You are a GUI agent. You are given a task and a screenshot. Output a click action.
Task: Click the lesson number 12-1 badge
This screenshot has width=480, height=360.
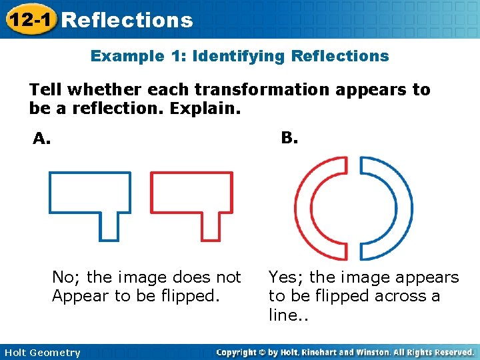point(29,20)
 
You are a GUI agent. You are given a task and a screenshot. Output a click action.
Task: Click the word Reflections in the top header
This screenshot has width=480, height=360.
point(127,20)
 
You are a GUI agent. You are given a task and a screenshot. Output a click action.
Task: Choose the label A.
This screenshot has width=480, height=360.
point(42,139)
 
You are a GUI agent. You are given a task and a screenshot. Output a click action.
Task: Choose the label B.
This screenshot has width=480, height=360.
point(289,138)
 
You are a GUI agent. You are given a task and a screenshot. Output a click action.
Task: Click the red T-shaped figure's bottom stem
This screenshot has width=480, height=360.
point(211,225)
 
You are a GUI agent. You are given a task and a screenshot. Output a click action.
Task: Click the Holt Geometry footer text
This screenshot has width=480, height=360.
point(41,353)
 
